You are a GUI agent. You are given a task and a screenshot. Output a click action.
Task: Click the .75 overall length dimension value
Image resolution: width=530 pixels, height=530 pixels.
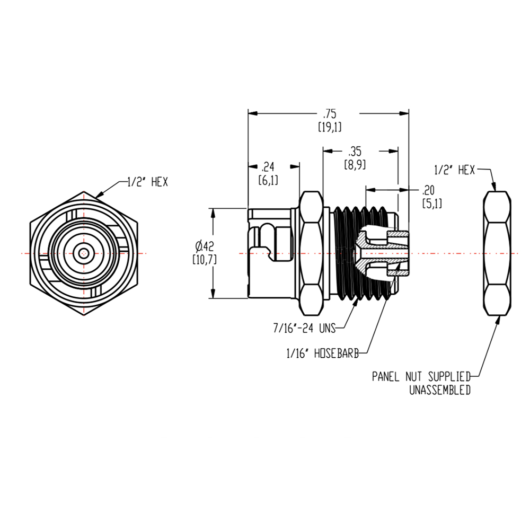[330, 114]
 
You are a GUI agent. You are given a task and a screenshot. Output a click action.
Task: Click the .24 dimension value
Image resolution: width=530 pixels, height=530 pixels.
[268, 167]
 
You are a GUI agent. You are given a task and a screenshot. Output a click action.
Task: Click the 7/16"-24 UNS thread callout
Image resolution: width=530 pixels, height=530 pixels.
[305, 329]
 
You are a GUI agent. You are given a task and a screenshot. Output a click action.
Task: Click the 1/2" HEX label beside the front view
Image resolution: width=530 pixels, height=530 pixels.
[148, 182]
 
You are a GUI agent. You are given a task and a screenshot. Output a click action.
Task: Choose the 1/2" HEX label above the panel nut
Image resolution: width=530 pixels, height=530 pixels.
[454, 170]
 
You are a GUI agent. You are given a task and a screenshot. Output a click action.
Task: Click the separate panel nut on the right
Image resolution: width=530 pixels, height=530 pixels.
[498, 253]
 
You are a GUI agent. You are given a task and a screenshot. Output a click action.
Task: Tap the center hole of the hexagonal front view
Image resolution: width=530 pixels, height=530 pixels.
[83, 254]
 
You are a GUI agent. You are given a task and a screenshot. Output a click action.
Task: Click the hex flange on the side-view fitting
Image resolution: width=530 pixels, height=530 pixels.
[312, 253]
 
